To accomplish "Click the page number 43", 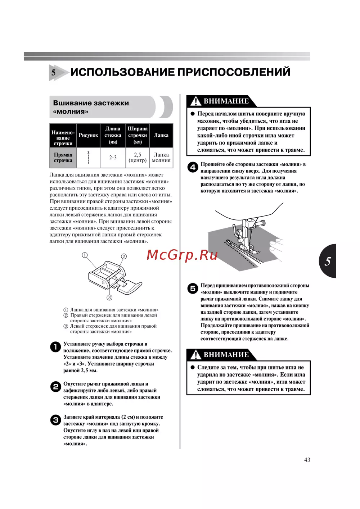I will click(x=307, y=460).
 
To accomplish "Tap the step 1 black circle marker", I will click(x=55, y=347).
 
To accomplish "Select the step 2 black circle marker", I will click(x=55, y=387).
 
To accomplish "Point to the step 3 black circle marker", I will click(x=55, y=420).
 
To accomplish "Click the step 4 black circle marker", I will click(x=193, y=167).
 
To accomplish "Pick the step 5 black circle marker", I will click(x=193, y=288).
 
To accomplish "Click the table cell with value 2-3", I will click(x=113, y=158).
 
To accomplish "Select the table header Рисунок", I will click(x=88, y=135).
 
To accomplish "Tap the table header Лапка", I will click(x=161, y=135).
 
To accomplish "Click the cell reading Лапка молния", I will click(x=161, y=158).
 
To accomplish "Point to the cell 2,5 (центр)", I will click(x=138, y=158).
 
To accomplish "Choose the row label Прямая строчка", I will click(x=63, y=158).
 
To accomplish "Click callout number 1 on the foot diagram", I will click(x=85, y=255).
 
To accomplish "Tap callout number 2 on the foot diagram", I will click(x=124, y=256).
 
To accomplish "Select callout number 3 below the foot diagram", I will click(x=109, y=297).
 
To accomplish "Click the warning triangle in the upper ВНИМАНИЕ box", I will click(x=195, y=101).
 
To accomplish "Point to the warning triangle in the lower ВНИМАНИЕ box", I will click(x=195, y=355).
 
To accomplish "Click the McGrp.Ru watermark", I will click(x=182, y=255).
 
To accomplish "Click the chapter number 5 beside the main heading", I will click(x=54, y=72).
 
